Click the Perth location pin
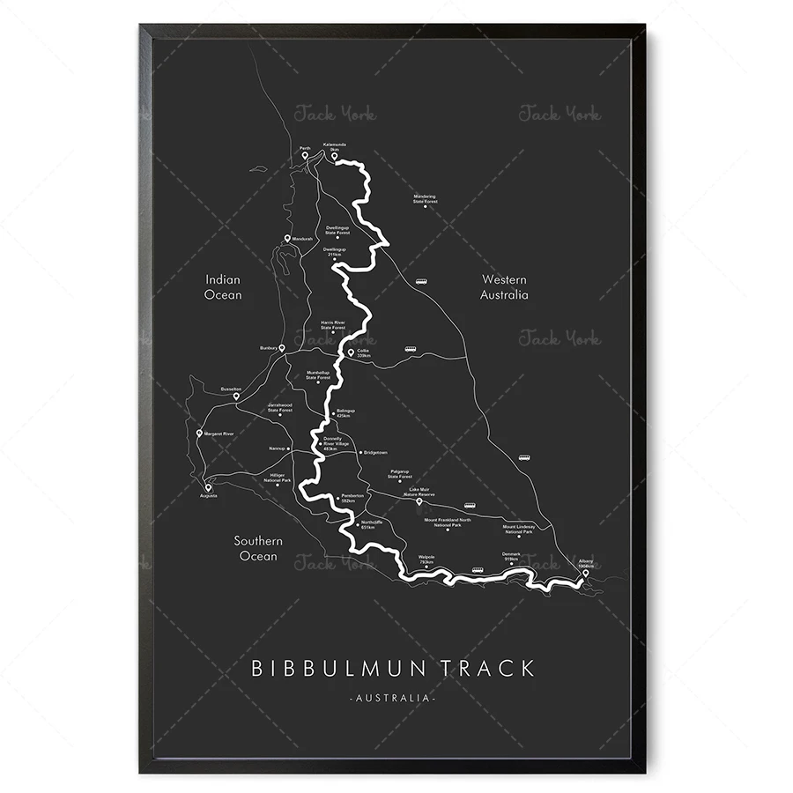(305, 156)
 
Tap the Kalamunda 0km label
(335, 146)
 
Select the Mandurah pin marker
(288, 239)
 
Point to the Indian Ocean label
(223, 287)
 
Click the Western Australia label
(504, 287)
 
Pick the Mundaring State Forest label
(425, 200)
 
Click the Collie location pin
(351, 352)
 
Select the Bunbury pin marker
(282, 348)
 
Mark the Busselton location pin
(236, 396)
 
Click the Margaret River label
(219, 434)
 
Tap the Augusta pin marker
(208, 486)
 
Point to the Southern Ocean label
(257, 548)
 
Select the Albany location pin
(585, 574)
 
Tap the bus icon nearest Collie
(410, 349)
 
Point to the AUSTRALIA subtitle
(393, 698)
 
